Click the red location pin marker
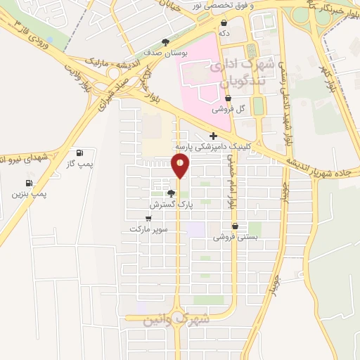coord(181,166)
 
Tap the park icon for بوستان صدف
coord(165,42)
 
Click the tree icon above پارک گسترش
coord(171,193)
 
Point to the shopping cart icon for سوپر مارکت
coord(148,218)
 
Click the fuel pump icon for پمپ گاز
coord(79,153)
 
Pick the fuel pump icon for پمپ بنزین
coord(29,181)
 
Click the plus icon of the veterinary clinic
coord(212,136)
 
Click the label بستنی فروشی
coord(236,238)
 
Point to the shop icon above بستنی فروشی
coord(235,226)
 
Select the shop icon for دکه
coord(224,22)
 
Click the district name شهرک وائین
coord(176,319)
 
